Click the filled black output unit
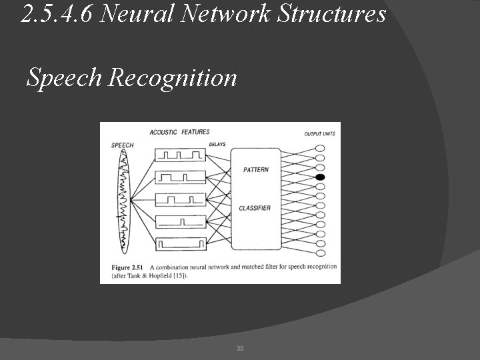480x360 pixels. (320, 177)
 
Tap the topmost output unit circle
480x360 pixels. (320, 149)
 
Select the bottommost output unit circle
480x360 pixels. (320, 253)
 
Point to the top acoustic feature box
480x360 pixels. (179, 155)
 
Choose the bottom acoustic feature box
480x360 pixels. (179, 244)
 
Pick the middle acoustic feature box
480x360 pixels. (179, 199)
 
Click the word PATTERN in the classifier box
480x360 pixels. (256, 170)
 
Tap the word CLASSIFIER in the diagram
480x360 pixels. (255, 209)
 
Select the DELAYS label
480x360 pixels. (217, 144)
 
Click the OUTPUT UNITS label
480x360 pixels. (319, 134)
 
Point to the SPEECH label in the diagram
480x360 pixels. (122, 145)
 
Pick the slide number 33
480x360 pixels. (240, 349)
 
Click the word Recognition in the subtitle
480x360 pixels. (172, 78)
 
